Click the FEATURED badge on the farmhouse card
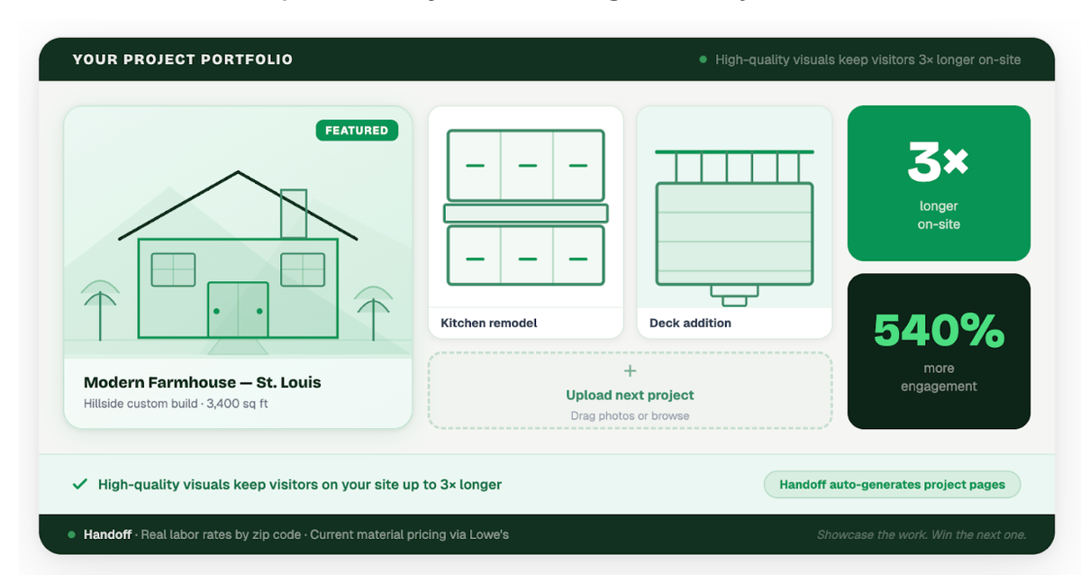point(357,131)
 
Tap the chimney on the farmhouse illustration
point(294,214)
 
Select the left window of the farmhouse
point(173,269)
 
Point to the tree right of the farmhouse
point(372,309)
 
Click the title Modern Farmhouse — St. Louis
point(202,382)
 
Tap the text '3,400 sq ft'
point(237,404)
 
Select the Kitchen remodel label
point(489,323)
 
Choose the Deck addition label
point(690,323)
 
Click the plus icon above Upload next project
point(630,370)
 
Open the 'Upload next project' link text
point(630,395)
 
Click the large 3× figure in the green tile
point(938,162)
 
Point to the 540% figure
point(939,331)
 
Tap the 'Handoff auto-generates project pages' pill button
point(892,484)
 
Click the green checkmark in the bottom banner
point(79,484)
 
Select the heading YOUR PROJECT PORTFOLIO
point(183,59)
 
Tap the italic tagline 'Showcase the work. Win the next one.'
point(922,534)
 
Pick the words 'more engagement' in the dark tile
point(939,378)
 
